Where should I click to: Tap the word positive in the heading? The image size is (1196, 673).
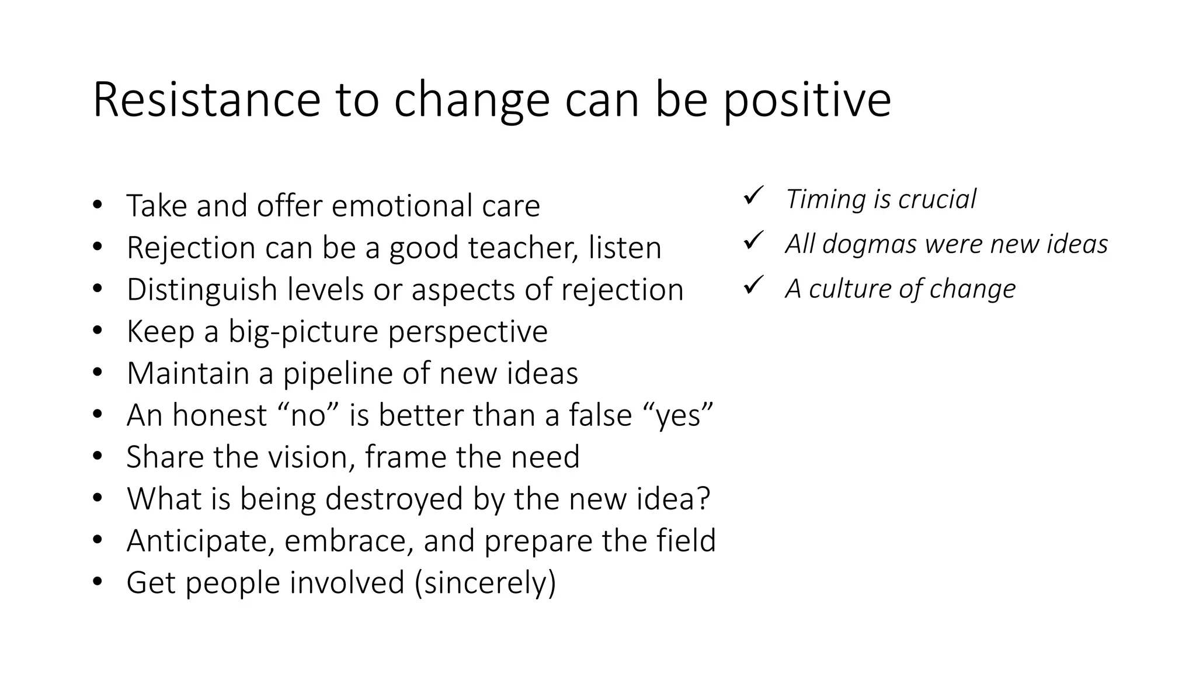tap(807, 100)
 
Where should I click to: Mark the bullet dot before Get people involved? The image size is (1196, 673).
tap(97, 582)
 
